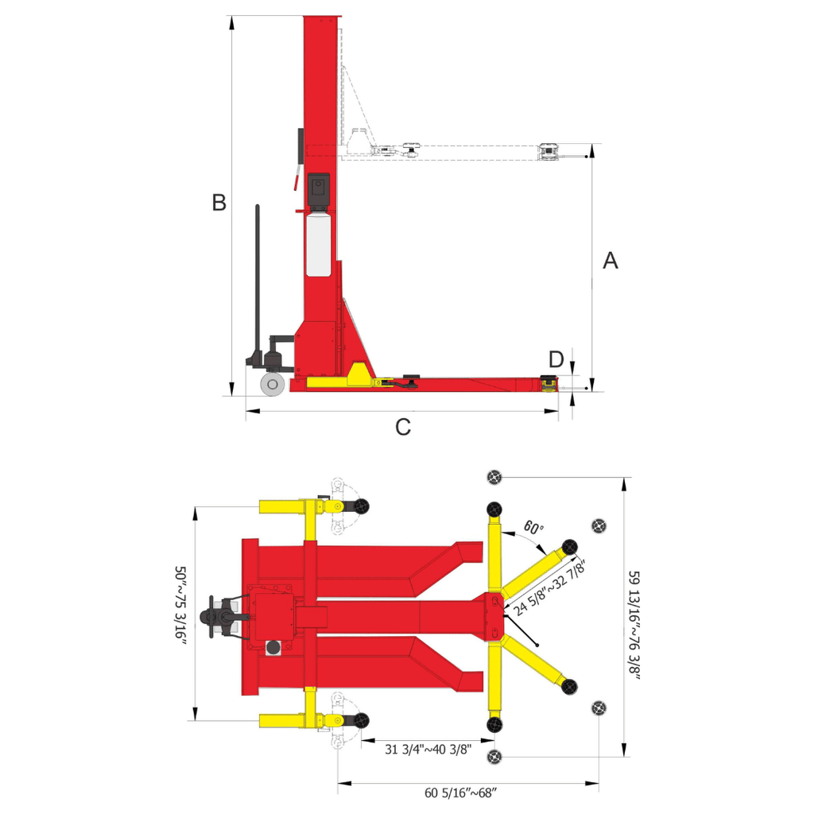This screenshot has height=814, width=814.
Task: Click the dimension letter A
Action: pos(610,261)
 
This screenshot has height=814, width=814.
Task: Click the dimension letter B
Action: pos(219,203)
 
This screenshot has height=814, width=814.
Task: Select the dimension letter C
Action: pos(403,427)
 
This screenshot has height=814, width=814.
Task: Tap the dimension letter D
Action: pos(556,359)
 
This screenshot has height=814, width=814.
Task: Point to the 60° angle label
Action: pos(533,528)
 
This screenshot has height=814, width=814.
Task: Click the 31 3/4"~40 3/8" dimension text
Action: pos(428,749)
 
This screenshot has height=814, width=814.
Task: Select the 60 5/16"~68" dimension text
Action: pos(460,793)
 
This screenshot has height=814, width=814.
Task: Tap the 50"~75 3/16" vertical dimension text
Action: pos(180,605)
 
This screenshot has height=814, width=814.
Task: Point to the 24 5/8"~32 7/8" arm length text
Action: pos(550,587)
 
